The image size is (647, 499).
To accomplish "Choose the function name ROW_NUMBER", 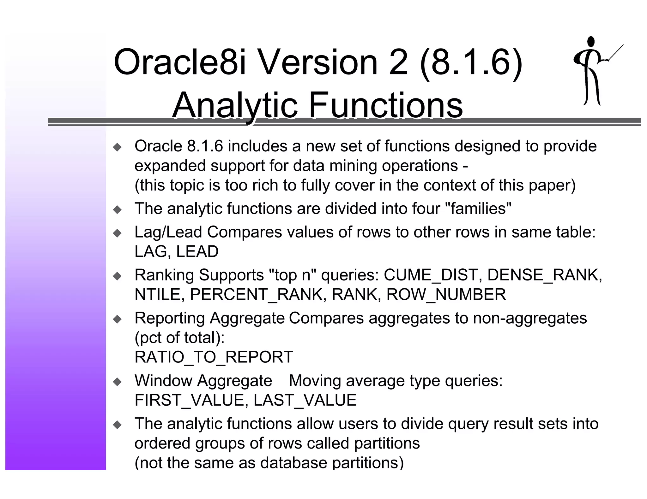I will [446, 294].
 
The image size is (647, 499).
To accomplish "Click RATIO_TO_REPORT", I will [214, 357].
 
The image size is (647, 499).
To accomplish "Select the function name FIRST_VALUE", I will [189, 400].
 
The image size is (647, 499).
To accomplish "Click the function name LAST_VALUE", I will [305, 400].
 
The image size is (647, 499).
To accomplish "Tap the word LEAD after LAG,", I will [197, 251].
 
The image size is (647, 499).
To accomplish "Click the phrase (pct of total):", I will [179, 338].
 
